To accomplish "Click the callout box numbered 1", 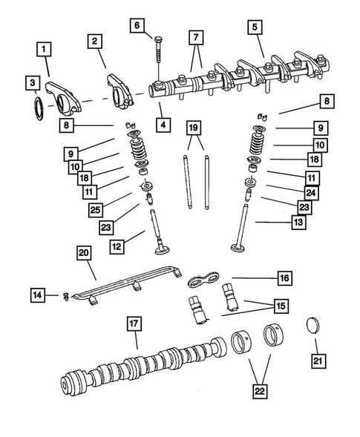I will tap(45, 50).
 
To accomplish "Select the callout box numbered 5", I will tap(255, 29).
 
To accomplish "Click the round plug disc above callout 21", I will tap(315, 327).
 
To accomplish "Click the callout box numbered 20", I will tap(83, 254).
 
